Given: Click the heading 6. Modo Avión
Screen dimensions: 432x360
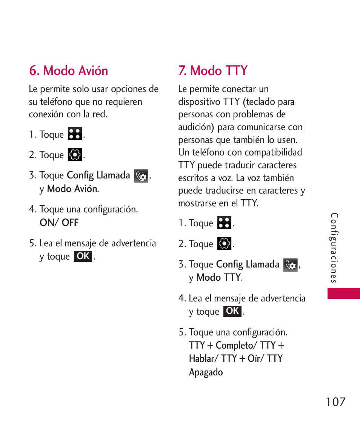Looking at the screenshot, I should (x=69, y=71).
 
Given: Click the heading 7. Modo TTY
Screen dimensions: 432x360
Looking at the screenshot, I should (x=213, y=71).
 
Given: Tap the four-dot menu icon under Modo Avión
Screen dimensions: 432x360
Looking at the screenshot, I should (x=75, y=134).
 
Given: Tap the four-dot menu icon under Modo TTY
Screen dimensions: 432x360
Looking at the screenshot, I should (x=224, y=223).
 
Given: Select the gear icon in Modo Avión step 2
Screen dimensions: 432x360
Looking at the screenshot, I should (x=75, y=155).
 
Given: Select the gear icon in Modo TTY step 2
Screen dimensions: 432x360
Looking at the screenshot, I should (x=224, y=244).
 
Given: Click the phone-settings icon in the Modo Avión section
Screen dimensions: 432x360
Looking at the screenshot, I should (x=141, y=176).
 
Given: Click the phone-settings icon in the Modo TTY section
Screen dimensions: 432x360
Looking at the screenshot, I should (x=291, y=265).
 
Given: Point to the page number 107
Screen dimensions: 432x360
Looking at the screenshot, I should (x=335, y=402).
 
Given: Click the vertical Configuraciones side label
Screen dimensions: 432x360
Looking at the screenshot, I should (x=334, y=248).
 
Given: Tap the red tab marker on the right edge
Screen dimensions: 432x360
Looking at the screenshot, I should (x=343, y=293).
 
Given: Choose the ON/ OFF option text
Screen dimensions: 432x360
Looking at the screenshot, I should (x=59, y=223).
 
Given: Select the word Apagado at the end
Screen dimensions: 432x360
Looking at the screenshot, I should (x=206, y=372).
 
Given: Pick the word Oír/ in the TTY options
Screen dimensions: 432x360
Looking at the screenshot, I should (x=256, y=358).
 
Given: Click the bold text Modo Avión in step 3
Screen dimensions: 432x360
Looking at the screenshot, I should (x=72, y=189).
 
